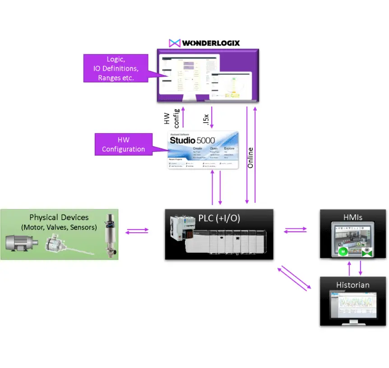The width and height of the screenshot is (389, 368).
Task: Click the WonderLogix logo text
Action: (x=211, y=43)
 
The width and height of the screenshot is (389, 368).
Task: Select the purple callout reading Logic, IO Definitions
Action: (x=116, y=68)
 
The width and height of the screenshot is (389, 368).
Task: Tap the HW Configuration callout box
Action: (x=124, y=145)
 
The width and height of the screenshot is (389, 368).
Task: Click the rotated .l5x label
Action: (x=204, y=119)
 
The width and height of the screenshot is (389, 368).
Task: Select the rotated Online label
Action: (x=250, y=158)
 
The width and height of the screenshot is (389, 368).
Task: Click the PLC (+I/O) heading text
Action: (x=219, y=218)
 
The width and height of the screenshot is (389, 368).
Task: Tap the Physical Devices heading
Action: (x=59, y=217)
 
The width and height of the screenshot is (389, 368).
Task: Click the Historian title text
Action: (x=352, y=285)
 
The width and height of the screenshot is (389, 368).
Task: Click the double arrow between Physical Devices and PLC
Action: (x=137, y=231)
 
